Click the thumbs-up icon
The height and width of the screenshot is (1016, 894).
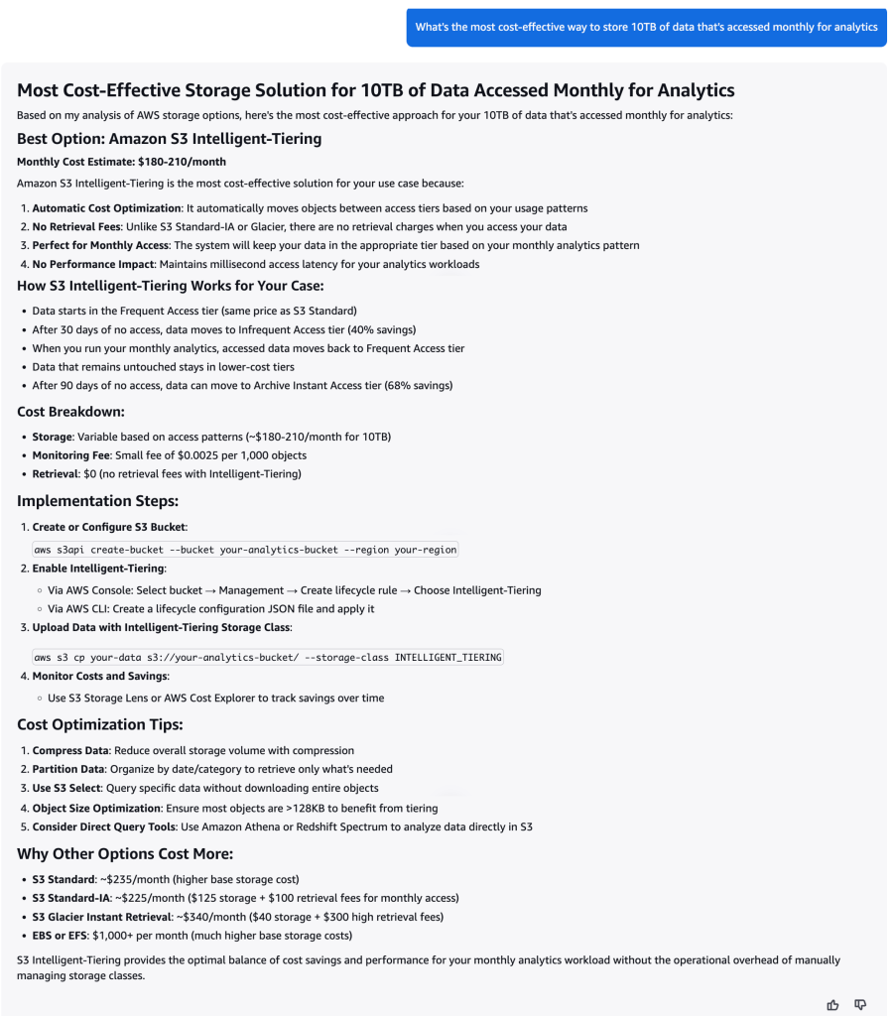[832, 1004]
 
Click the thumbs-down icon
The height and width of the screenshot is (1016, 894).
[860, 1004]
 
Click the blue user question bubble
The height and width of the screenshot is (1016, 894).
[646, 27]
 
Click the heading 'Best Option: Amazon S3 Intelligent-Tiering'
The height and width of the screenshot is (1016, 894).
[169, 139]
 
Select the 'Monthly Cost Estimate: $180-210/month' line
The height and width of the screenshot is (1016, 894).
[121, 162]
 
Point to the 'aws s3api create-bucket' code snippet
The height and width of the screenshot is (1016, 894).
[245, 550]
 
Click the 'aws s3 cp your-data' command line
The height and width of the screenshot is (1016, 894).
[268, 657]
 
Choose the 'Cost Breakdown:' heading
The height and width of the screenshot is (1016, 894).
[70, 411]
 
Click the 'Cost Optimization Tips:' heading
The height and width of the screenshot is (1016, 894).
[99, 724]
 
